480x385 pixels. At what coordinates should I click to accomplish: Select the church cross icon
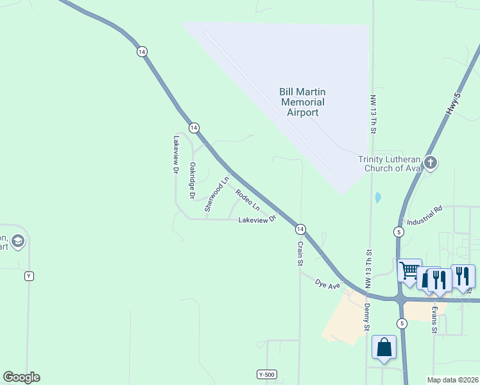point(431,162)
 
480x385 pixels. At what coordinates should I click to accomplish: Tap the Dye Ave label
point(327,283)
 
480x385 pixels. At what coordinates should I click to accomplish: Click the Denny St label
point(368,319)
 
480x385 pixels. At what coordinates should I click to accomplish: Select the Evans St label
point(434,320)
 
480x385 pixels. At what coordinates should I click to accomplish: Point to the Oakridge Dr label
point(191,180)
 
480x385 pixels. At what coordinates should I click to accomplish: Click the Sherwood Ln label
point(216,194)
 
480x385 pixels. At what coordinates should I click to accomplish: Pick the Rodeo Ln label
point(247,200)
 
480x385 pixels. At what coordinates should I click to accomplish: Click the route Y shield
point(28,276)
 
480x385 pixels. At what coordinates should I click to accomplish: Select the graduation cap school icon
point(19,241)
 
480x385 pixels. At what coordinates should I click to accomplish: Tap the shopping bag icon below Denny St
point(384,347)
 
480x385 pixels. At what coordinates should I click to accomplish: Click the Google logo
point(21,377)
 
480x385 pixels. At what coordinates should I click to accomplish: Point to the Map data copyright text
point(453,380)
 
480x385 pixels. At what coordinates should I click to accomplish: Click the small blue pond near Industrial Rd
point(377,197)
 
